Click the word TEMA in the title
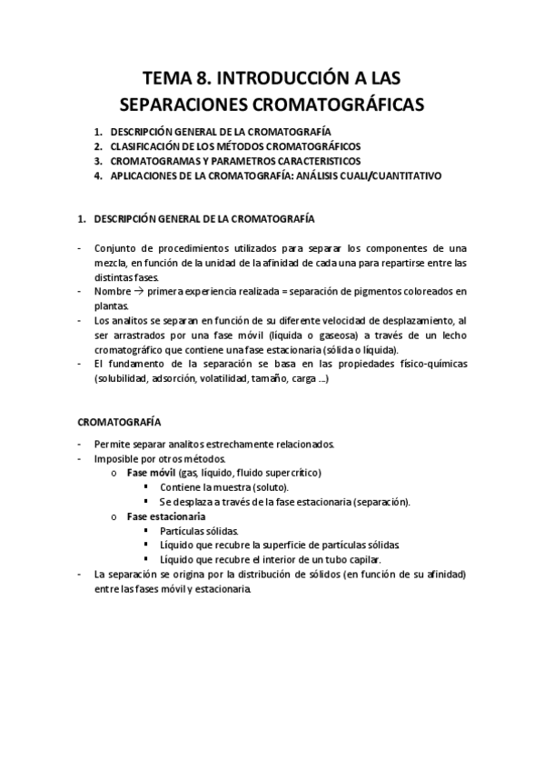(x=169, y=77)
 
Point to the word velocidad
(x=338, y=321)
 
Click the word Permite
(x=111, y=445)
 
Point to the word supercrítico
(x=292, y=473)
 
